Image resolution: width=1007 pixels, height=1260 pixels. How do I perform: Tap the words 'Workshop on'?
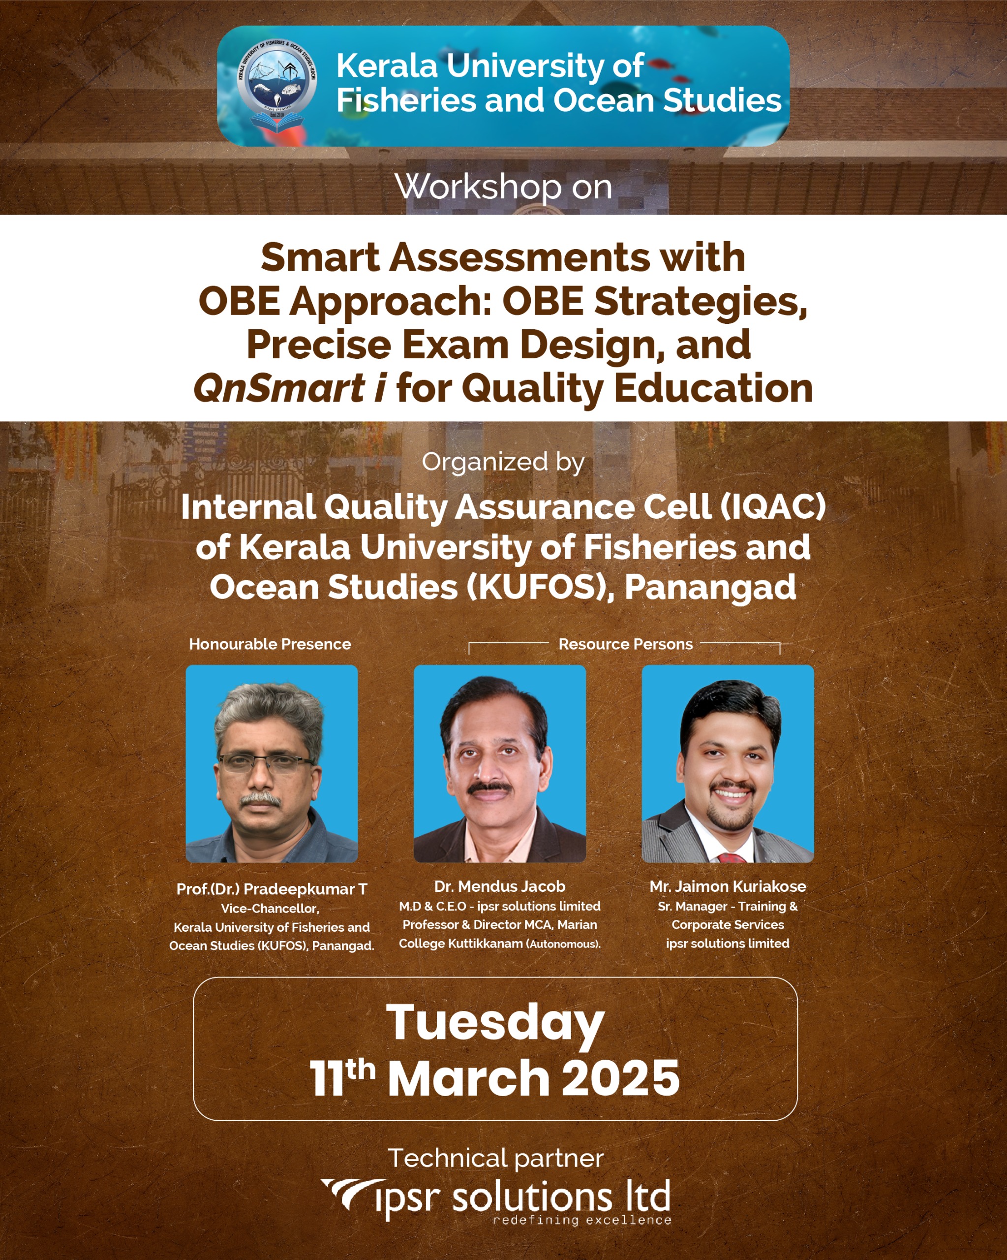click(504, 187)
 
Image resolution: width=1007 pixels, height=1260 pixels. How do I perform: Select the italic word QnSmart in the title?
click(280, 389)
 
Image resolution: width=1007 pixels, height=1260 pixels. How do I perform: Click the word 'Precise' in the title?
click(318, 345)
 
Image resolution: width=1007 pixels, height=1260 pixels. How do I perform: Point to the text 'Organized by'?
click(503, 463)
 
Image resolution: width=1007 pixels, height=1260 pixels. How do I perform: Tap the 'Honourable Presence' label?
click(270, 644)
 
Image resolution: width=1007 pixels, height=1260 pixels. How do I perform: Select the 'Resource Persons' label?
click(626, 644)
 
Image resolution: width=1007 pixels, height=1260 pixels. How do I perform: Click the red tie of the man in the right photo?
click(731, 857)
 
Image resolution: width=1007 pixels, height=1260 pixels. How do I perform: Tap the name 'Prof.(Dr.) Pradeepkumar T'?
click(272, 889)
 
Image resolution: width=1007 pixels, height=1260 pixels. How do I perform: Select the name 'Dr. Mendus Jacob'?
click(499, 886)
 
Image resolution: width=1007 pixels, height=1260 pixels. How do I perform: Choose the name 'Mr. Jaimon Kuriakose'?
click(728, 886)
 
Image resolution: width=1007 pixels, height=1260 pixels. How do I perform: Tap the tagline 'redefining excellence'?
click(582, 1220)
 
